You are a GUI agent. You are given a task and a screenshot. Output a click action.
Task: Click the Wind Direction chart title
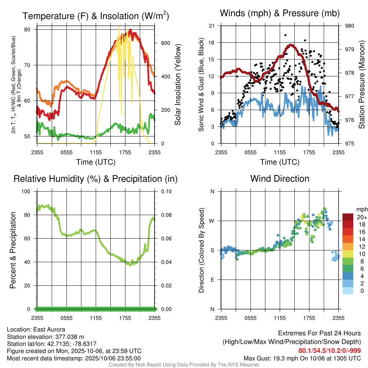click(x=280, y=179)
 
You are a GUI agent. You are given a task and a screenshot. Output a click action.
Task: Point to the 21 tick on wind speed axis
click(x=212, y=26)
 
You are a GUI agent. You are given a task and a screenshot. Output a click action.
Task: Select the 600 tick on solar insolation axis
click(x=165, y=43)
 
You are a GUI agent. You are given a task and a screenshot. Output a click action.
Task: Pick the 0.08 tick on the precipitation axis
click(x=166, y=215)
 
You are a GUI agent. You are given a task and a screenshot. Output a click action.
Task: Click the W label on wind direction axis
click(x=212, y=221)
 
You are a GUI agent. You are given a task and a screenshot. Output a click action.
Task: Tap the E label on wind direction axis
click(x=212, y=280)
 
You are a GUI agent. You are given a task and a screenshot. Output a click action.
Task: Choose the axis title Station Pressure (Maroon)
click(x=362, y=84)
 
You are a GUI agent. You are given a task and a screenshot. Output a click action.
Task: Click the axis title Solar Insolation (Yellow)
click(x=178, y=84)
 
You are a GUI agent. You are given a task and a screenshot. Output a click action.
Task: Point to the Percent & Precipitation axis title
click(x=13, y=250)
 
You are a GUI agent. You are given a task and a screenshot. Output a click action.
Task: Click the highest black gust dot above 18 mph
click(x=285, y=35)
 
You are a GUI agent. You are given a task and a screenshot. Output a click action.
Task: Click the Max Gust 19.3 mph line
click(x=302, y=358)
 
